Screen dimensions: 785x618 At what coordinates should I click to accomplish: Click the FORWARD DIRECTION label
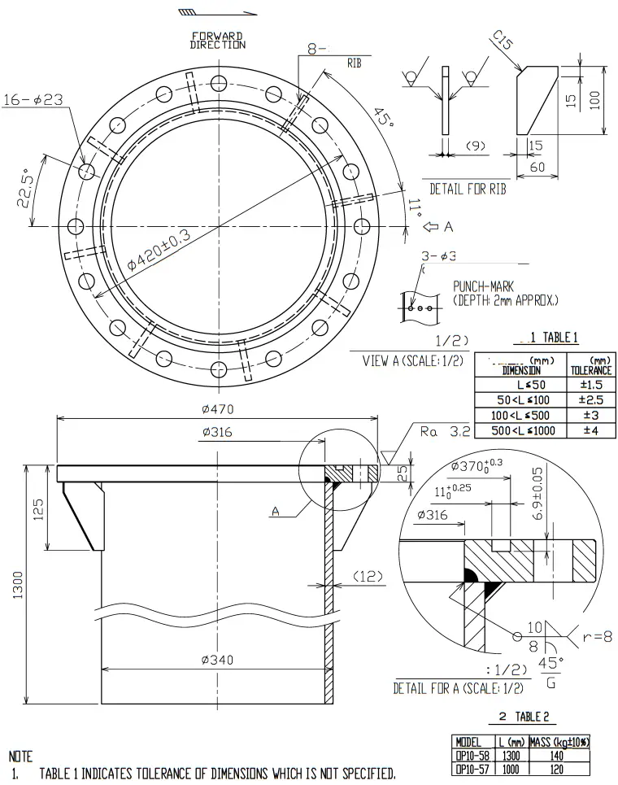218,40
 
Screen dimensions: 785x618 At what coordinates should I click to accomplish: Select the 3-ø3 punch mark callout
438,256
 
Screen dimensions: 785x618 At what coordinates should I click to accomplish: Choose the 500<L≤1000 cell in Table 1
523,430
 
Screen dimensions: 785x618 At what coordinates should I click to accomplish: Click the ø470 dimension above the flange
217,408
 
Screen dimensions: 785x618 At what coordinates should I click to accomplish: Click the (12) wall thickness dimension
368,576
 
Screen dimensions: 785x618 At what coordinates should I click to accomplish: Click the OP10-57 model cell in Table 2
472,767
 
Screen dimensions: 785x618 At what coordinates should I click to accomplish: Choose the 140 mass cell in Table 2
559,755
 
